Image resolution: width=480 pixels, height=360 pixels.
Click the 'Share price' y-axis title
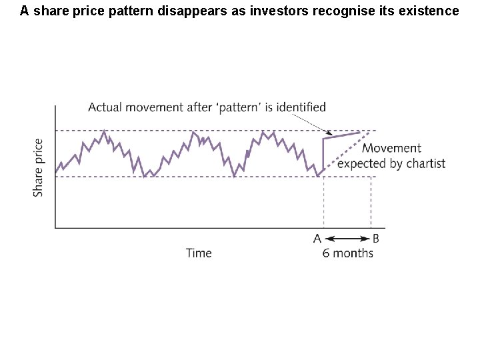coord(39,167)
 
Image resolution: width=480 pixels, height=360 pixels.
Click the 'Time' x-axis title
coord(199,253)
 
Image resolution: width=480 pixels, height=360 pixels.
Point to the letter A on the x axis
coord(317,238)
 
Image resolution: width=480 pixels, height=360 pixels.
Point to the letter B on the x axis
coord(376,238)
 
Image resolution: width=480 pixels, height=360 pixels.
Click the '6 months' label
coord(347,253)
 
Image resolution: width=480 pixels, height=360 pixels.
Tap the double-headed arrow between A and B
coord(347,238)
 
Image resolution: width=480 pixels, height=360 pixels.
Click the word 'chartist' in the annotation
coord(425,163)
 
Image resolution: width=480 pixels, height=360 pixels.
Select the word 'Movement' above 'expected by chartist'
coord(391,148)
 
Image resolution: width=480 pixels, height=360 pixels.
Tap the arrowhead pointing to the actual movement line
coord(327,131)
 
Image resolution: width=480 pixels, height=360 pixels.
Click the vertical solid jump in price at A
coord(323,155)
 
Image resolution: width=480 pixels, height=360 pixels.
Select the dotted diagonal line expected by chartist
coord(347,153)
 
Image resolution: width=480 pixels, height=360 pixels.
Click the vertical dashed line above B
coord(371,200)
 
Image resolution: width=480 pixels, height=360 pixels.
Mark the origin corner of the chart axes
coord(55,228)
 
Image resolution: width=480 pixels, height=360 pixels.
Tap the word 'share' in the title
coord(47,11)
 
